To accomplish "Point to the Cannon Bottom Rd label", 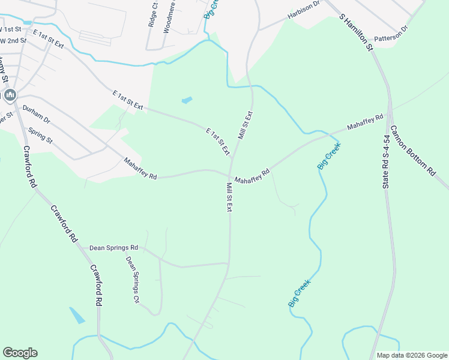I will coord(413,150).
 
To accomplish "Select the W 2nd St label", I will coord(13,41).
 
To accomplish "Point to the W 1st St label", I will coord(10,29).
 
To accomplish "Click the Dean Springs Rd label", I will coord(113,247).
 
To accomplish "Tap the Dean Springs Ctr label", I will coord(132,279).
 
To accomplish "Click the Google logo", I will coord(20,353).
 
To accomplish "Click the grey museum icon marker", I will coord(10,95).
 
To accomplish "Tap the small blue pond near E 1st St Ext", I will coord(187,100).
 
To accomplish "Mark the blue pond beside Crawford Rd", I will coord(77,315).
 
